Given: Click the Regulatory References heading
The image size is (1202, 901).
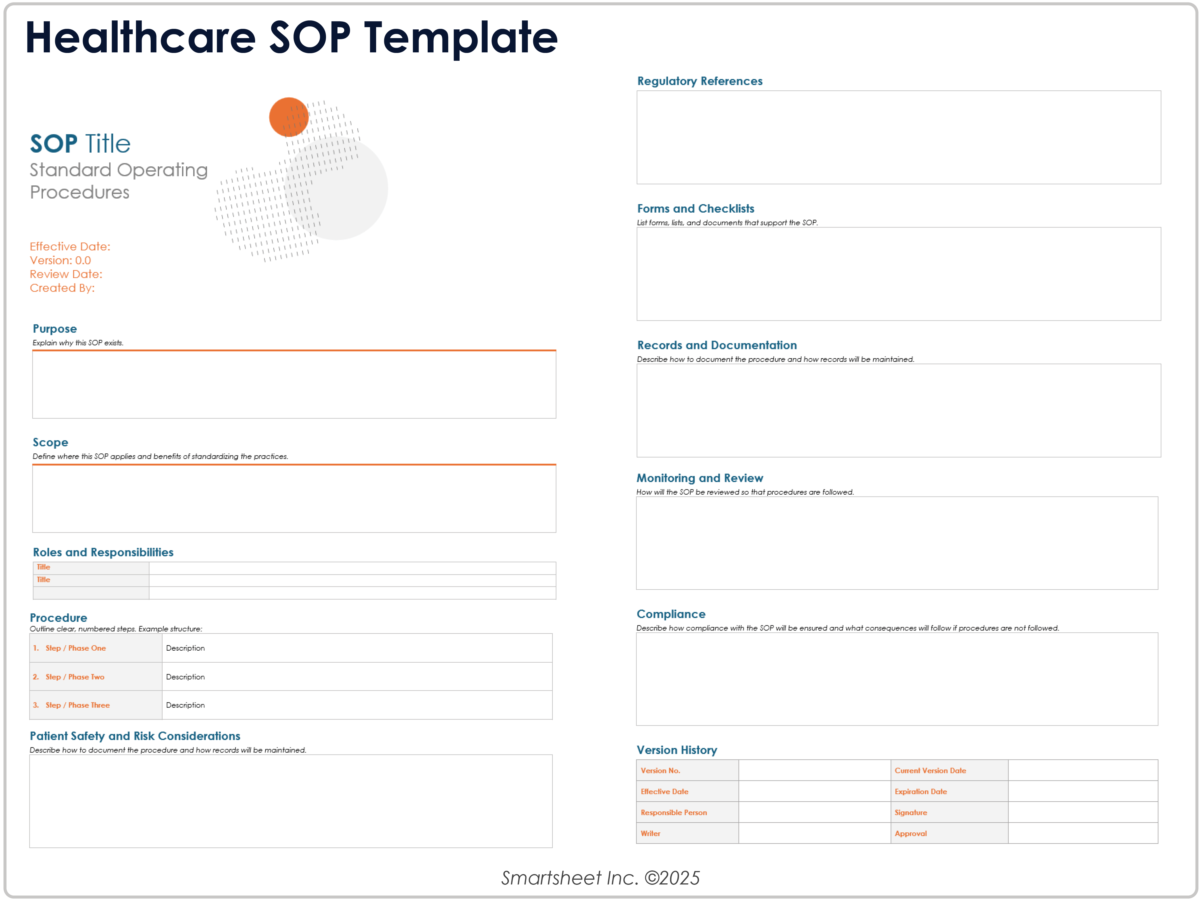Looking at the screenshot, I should tap(699, 81).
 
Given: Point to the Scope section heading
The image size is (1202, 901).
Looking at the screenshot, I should tap(50, 442).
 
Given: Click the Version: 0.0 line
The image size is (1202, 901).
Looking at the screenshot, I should tap(60, 260).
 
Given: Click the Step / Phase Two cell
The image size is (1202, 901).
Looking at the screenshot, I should tap(95, 677).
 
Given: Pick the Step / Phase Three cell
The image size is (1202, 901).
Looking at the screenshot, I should tap(95, 705).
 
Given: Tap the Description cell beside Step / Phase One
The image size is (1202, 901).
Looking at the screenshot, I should tap(357, 648).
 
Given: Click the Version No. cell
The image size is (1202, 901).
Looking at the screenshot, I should tap(687, 770).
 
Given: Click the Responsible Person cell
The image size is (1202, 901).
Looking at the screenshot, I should tap(687, 812).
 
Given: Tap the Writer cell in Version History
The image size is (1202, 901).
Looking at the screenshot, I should tap(687, 833).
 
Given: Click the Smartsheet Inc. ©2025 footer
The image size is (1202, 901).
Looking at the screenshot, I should tap(600, 878).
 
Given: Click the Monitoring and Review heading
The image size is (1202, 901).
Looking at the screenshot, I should tap(699, 478).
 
